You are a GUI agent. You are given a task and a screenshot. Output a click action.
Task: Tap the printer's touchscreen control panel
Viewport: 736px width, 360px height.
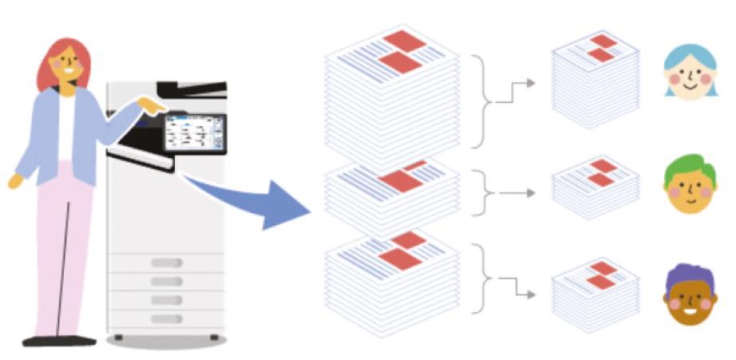click(193, 133)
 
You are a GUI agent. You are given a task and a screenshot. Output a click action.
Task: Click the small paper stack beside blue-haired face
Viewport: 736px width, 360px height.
click(596, 80)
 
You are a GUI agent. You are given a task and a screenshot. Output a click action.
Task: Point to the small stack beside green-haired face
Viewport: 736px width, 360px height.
click(596, 190)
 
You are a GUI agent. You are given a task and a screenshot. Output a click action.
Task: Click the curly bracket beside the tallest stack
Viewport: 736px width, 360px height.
click(478, 101)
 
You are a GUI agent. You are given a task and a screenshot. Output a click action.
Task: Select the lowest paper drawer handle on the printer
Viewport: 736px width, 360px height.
click(167, 318)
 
